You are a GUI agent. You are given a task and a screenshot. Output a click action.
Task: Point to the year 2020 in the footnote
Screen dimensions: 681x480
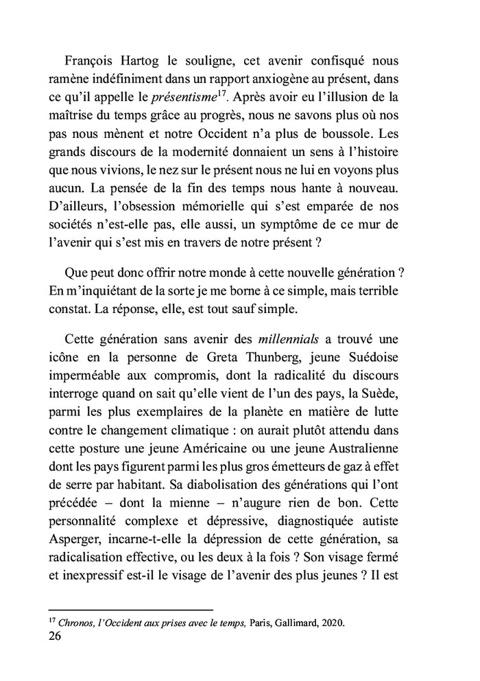pyautogui.click(x=333, y=624)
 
